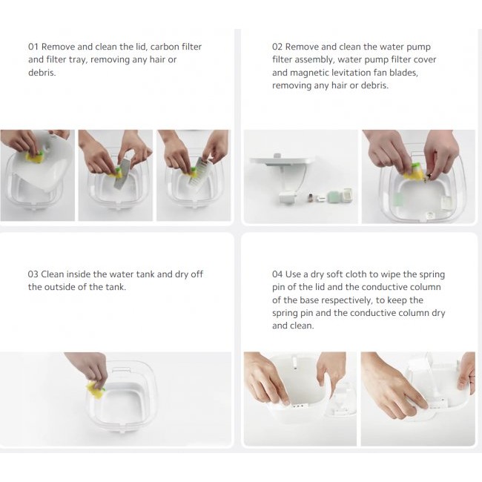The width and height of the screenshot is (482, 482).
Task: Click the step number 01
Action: [33, 47]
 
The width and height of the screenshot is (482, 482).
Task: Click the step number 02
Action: [278, 47]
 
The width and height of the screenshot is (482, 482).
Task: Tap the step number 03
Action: [33, 274]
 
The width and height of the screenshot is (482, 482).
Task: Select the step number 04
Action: [279, 274]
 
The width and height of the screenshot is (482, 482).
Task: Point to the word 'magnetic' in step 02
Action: [292, 73]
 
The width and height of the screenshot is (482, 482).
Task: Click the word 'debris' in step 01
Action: [44, 73]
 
